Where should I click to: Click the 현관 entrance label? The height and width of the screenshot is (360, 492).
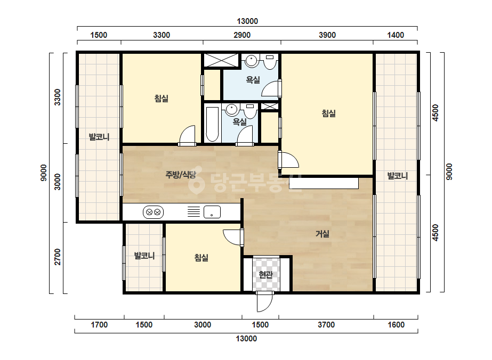tap(266, 275)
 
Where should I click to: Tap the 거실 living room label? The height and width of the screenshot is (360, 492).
tap(322, 234)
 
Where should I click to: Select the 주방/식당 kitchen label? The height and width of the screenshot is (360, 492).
tap(181, 175)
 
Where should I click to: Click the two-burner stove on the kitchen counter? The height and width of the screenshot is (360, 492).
tap(153, 212)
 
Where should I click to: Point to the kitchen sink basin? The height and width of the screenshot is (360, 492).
tap(212, 212)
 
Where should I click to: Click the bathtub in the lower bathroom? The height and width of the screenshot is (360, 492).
tap(212, 125)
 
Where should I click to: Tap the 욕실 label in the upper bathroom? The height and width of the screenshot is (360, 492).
tap(253, 80)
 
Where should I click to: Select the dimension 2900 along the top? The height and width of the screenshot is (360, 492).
tap(242, 35)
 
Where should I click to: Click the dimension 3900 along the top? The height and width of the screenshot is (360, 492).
tap(327, 35)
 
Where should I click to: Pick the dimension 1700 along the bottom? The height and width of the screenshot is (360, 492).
tap(99, 325)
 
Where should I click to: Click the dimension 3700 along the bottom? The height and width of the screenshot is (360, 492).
tap(326, 325)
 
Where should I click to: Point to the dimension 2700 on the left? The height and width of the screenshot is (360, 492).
tap(58, 257)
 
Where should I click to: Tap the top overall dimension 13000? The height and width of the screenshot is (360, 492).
tap(247, 21)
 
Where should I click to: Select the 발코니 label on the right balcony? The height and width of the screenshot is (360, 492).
tap(397, 176)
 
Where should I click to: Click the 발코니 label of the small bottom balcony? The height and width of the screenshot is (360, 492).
tap(144, 256)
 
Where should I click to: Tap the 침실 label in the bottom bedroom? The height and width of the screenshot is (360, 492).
tap(201, 258)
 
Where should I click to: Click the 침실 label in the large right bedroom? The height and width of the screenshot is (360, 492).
tap(328, 113)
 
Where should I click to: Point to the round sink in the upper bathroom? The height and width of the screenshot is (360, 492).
tap(252, 60)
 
